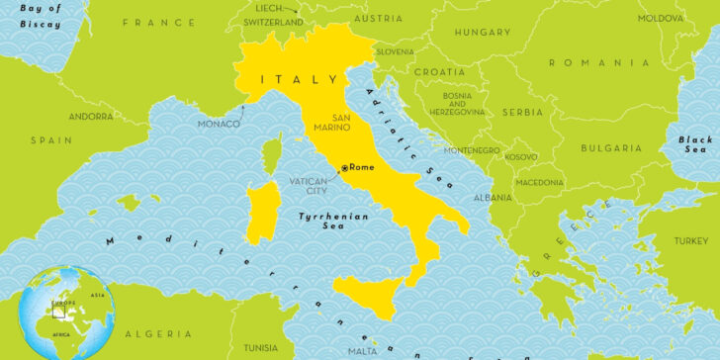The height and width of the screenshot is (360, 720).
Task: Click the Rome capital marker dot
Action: [344, 168]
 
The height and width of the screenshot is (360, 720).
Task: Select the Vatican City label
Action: [308, 185]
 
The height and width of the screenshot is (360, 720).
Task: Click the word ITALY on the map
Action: [288, 78]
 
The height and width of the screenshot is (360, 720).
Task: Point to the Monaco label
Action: [219, 124]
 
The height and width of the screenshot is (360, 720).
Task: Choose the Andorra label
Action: [90, 117]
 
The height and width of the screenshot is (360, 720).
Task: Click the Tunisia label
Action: [261, 347]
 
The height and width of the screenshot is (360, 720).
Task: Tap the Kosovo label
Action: [521, 156]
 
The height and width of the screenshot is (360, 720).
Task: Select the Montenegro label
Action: [472, 150]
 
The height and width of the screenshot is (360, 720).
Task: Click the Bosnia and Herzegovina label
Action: [457, 104]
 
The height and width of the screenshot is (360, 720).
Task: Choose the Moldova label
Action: [660, 18]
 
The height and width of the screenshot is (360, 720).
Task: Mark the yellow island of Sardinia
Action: [263, 212]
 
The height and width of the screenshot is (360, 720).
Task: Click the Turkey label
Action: [691, 240]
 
